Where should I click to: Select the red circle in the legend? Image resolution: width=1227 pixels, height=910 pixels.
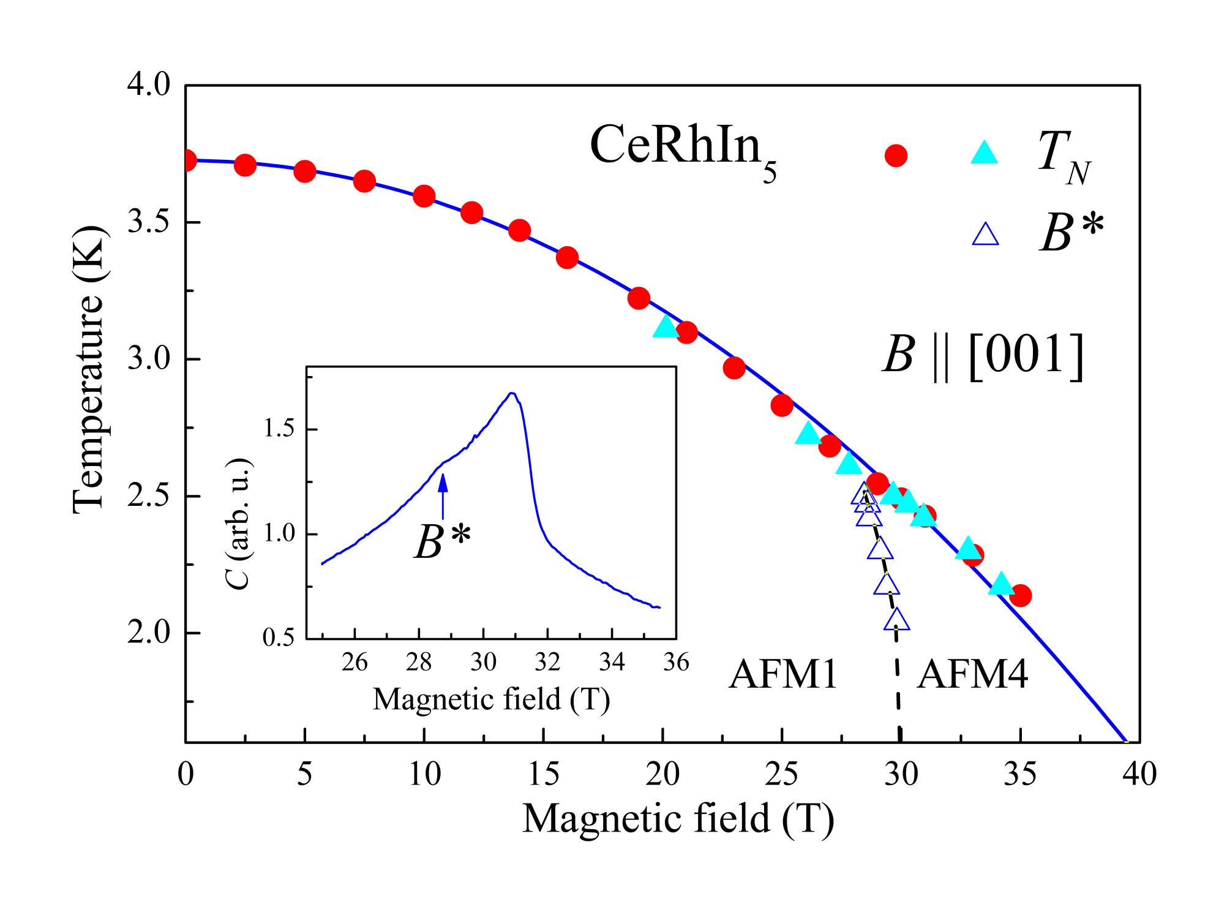[x=896, y=156]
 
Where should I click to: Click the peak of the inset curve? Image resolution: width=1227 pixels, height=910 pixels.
[x=512, y=393]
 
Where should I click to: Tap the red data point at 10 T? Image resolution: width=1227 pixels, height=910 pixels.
[x=424, y=197]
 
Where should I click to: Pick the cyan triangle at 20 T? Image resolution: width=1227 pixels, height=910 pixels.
[x=666, y=328]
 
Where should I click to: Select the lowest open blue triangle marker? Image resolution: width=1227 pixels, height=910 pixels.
[x=897, y=620]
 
